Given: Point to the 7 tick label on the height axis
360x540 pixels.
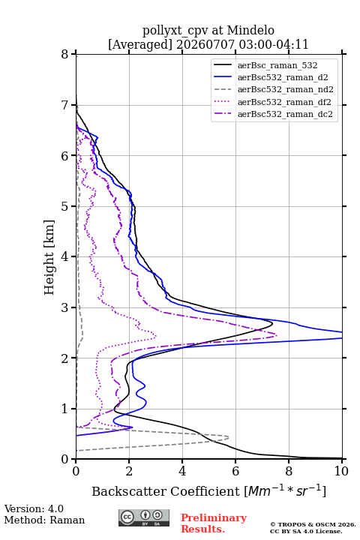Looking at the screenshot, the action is [64, 105].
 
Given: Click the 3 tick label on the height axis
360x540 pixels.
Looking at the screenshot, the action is [64, 307].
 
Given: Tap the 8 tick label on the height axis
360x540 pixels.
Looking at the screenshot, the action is [64, 54].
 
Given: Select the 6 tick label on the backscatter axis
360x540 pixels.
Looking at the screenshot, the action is [235, 471].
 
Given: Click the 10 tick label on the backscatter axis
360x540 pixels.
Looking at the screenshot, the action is [341, 471].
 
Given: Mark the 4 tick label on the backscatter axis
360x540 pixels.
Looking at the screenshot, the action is [182, 471].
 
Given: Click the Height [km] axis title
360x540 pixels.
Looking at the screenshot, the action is [49, 257].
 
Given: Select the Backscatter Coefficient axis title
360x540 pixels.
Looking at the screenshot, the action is [208, 490].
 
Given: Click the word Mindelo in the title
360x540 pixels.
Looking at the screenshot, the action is [250, 30].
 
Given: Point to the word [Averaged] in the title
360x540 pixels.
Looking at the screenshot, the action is [139, 44].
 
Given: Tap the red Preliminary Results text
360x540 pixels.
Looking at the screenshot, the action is [214, 523].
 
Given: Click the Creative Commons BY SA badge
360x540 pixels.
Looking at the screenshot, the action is [144, 518].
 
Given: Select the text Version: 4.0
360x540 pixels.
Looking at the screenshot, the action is [34, 508].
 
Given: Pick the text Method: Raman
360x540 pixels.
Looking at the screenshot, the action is [44, 520].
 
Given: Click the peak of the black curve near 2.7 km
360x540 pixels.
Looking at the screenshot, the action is [272, 323].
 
